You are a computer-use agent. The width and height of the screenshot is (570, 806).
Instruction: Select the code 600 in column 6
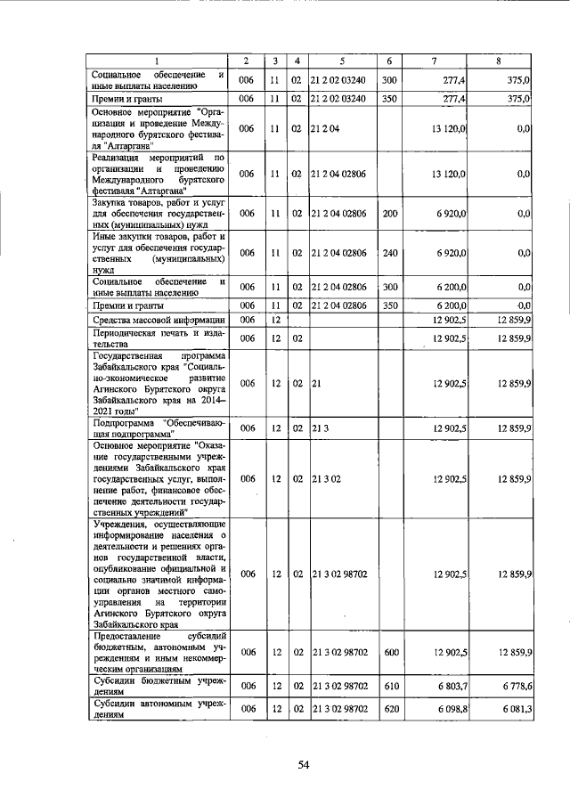pos(389,653)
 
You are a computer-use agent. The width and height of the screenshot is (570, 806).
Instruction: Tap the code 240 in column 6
pos(389,253)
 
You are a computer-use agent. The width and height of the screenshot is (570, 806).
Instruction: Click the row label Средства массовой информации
pos(157,319)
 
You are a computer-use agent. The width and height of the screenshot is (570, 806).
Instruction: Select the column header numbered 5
pos(342,61)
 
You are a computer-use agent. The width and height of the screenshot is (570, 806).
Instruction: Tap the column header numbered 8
pos(504,61)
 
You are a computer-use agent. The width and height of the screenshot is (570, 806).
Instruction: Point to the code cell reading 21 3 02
pos(325,478)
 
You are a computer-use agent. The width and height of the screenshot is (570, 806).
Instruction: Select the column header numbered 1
pos(159,61)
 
